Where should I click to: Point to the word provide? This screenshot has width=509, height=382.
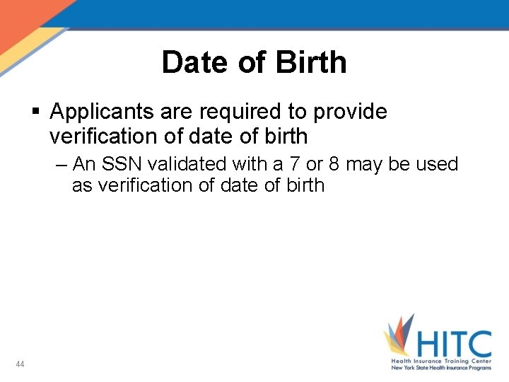pos(350,112)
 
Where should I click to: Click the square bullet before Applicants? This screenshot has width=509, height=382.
pos(36,112)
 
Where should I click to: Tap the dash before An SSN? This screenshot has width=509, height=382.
pos(60,165)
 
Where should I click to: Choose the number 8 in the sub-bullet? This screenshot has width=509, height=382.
pos(334,165)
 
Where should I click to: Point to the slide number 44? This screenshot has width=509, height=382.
pos(20,364)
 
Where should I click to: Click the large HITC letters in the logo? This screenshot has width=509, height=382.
pos(452,345)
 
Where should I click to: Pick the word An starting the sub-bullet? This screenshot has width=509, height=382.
pos(83,165)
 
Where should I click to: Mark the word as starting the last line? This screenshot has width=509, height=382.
pos(81,186)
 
